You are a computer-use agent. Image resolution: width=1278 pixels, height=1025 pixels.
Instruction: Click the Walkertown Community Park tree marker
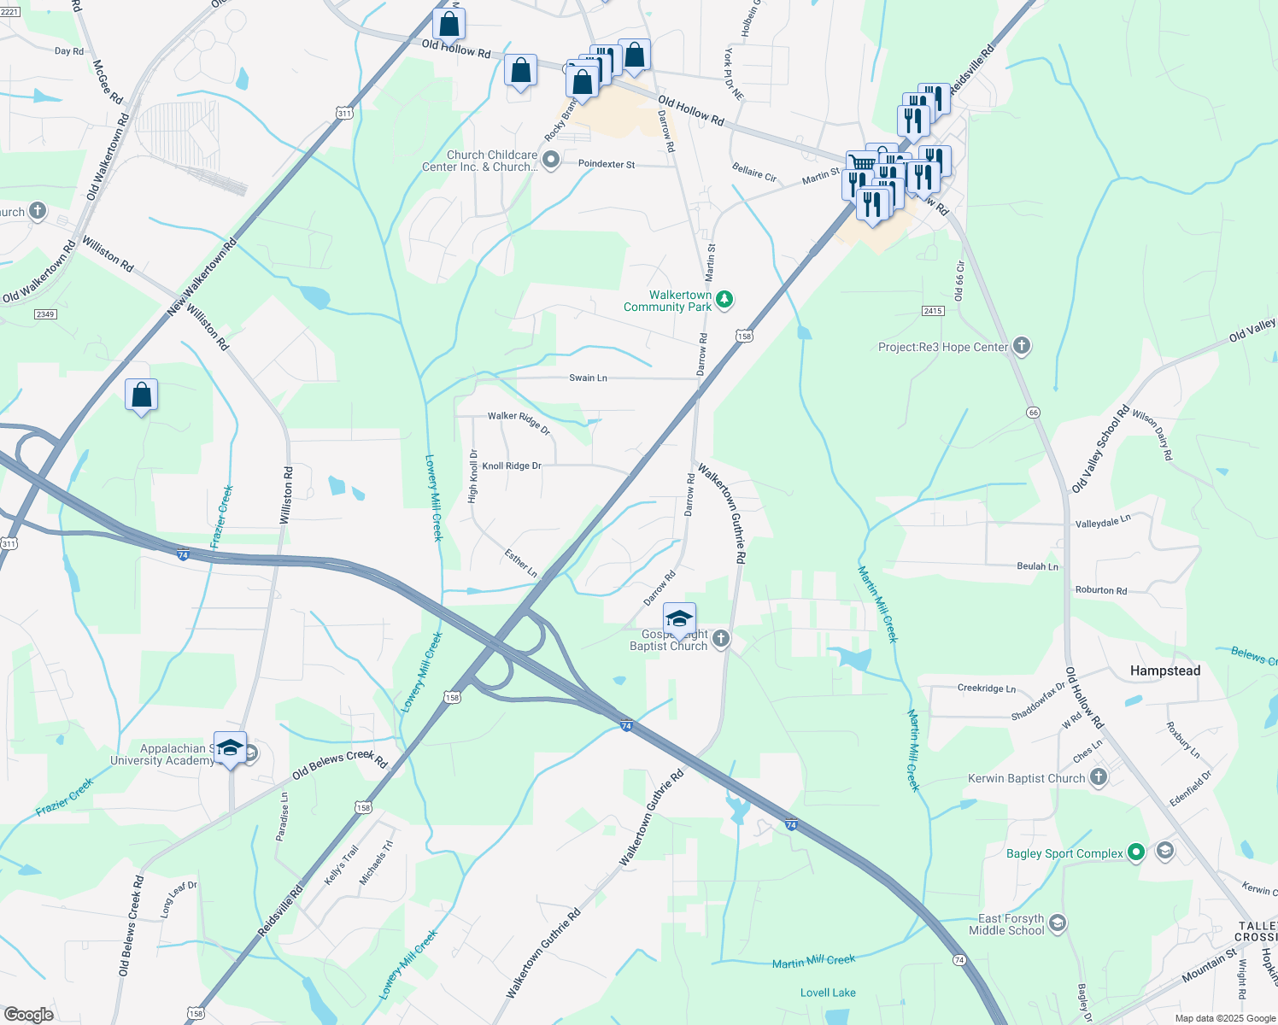tap(724, 299)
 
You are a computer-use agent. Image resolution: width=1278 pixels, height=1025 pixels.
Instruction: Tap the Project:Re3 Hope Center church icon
tap(1021, 346)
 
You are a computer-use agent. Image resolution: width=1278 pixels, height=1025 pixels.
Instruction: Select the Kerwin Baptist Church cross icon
tap(1099, 777)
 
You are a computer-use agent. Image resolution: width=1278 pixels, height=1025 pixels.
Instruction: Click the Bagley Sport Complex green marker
tap(1135, 852)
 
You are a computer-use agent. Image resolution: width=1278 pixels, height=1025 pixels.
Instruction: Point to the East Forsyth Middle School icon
tap(1058, 923)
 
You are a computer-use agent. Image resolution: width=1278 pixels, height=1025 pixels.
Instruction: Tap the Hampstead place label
tap(1164, 671)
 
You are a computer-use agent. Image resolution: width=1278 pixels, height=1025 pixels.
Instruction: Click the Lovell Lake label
tap(828, 993)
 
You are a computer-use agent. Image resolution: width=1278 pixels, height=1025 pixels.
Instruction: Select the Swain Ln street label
tap(588, 378)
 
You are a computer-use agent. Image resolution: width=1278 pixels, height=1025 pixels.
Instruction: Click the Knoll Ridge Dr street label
tap(512, 466)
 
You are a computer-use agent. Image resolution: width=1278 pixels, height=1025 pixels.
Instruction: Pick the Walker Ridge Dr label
tap(519, 422)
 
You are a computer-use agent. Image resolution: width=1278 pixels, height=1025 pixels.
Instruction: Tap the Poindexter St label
tap(607, 164)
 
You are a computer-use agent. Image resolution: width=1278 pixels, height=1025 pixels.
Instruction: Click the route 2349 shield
tap(45, 314)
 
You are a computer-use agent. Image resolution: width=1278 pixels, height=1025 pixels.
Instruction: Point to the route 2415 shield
tap(933, 311)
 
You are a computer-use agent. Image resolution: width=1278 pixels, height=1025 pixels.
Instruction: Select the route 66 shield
tap(1034, 413)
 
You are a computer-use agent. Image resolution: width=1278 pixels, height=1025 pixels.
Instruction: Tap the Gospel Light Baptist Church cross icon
tap(721, 638)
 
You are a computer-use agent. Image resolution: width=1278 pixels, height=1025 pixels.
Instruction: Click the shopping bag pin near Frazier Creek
tap(142, 395)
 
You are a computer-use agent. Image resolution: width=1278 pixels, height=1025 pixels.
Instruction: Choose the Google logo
tap(28, 1015)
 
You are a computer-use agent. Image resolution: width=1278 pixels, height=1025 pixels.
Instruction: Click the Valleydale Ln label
tap(1102, 522)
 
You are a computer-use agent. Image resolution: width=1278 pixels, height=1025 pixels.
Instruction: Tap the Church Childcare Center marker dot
tap(552, 159)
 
